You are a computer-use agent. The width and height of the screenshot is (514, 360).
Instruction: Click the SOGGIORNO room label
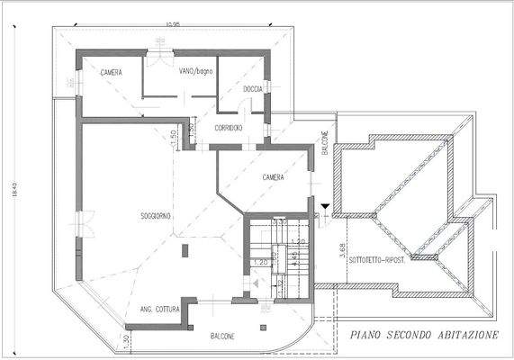point(157,217)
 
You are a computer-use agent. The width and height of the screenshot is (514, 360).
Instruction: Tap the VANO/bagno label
point(196,72)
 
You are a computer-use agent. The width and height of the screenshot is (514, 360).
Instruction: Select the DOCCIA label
point(253,88)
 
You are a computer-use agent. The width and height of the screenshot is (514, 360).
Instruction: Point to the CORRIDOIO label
point(229,128)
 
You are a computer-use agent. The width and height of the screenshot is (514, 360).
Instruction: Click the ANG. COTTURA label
point(159,310)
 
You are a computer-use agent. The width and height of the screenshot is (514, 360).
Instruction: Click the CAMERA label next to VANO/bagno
point(112,72)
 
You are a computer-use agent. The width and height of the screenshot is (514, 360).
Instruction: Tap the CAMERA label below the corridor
point(274,177)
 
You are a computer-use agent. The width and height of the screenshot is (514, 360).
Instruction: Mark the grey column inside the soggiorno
point(183,254)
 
